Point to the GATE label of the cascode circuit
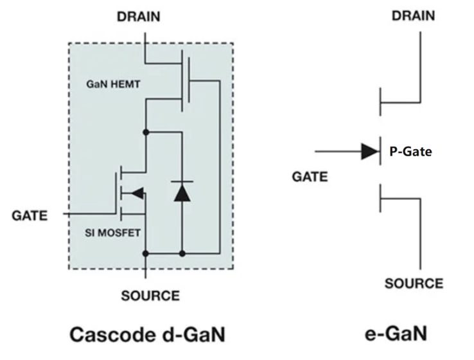click(x=30, y=216)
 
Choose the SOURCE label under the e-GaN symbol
click(x=414, y=283)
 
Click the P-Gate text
click(x=410, y=152)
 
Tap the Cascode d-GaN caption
click(x=148, y=334)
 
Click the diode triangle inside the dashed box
click(x=182, y=192)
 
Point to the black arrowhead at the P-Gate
click(x=370, y=152)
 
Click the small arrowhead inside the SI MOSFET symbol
click(x=135, y=192)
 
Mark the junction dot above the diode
click(x=147, y=132)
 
